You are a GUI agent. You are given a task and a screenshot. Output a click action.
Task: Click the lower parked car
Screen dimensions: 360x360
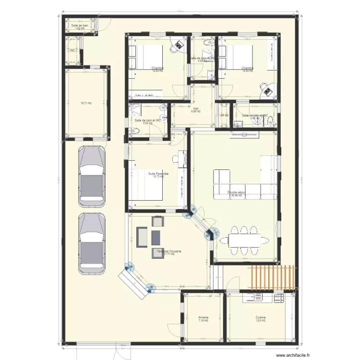click(x=92, y=243)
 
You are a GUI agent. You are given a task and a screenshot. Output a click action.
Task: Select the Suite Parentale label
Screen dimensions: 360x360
click(x=158, y=173)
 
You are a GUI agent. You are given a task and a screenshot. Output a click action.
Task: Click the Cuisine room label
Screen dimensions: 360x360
click(x=261, y=318)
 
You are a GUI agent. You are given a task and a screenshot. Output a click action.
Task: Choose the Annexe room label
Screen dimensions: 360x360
click(x=203, y=318)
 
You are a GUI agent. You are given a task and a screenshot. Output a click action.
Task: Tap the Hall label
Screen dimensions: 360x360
click(x=195, y=108)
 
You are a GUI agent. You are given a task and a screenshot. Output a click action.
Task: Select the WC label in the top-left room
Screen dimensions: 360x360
click(x=72, y=50)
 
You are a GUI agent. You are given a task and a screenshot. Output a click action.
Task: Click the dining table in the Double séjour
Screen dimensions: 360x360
click(x=244, y=239)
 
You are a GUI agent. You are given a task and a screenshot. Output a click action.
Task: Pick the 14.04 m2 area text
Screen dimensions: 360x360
click(x=248, y=71)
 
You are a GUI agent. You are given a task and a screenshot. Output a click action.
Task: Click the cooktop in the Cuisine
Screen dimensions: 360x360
click(x=279, y=298)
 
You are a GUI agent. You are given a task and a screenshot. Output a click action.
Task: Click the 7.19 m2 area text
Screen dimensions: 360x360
click(x=203, y=321)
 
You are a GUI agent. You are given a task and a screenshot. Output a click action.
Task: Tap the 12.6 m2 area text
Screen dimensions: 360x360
click(x=261, y=321)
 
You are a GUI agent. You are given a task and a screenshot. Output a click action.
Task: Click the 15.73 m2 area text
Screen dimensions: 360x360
click(x=158, y=177)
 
